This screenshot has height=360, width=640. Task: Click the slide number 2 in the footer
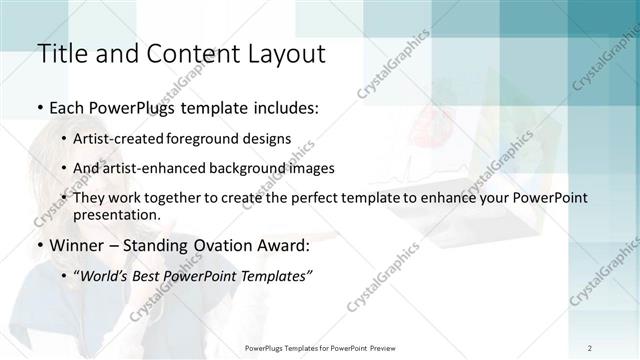[x=589, y=347]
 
